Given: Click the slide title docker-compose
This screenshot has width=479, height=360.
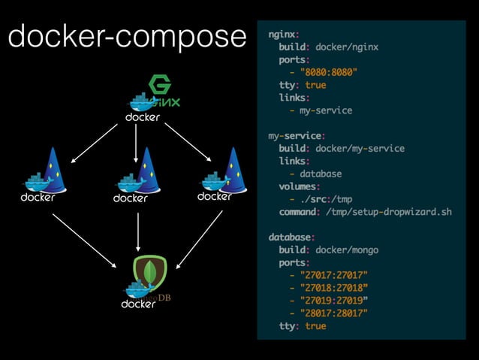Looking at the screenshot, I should (x=127, y=35).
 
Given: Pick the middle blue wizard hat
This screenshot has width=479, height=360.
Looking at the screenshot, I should (x=146, y=169).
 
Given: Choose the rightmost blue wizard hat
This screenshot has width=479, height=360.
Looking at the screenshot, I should (x=235, y=168).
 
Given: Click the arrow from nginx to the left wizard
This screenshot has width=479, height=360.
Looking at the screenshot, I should (x=95, y=142).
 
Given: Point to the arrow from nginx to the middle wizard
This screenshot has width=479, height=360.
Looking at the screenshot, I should (x=136, y=143).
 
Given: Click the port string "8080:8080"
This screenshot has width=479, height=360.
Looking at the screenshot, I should (x=328, y=73).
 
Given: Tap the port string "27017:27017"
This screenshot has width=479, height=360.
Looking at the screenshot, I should (x=333, y=275).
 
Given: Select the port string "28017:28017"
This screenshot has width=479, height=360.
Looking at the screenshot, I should (x=333, y=313).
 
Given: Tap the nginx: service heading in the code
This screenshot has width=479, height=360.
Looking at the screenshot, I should (x=283, y=35).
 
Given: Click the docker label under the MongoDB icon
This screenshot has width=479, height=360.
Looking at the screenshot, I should (x=138, y=304).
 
